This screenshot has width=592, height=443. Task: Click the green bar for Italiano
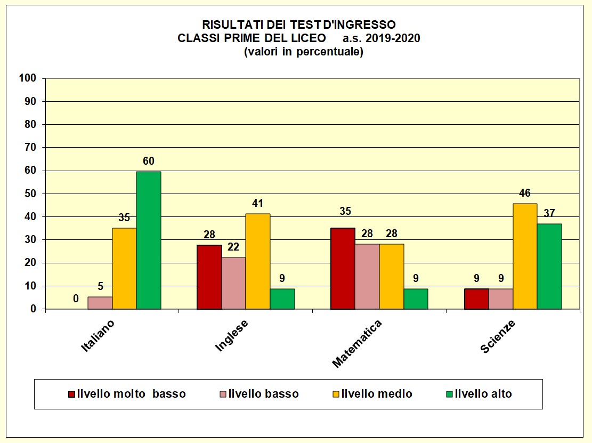pos(149,240)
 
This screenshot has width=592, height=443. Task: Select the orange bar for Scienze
pos(525,256)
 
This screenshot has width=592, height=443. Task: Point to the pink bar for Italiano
pos(100,303)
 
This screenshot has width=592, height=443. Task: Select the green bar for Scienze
pos(549,266)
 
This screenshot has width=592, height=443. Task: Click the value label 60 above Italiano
pos(148,161)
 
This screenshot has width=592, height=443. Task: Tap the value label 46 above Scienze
pos(525,193)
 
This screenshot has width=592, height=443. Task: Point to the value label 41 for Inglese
pos(257,203)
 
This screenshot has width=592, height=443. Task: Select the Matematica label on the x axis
pos(357,344)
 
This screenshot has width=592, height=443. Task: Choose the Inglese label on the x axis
pos(232,336)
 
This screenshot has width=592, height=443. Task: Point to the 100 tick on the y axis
pos(27,78)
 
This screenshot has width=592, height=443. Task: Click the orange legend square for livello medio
pos(335,394)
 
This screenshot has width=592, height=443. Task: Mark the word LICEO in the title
pos(309,38)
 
